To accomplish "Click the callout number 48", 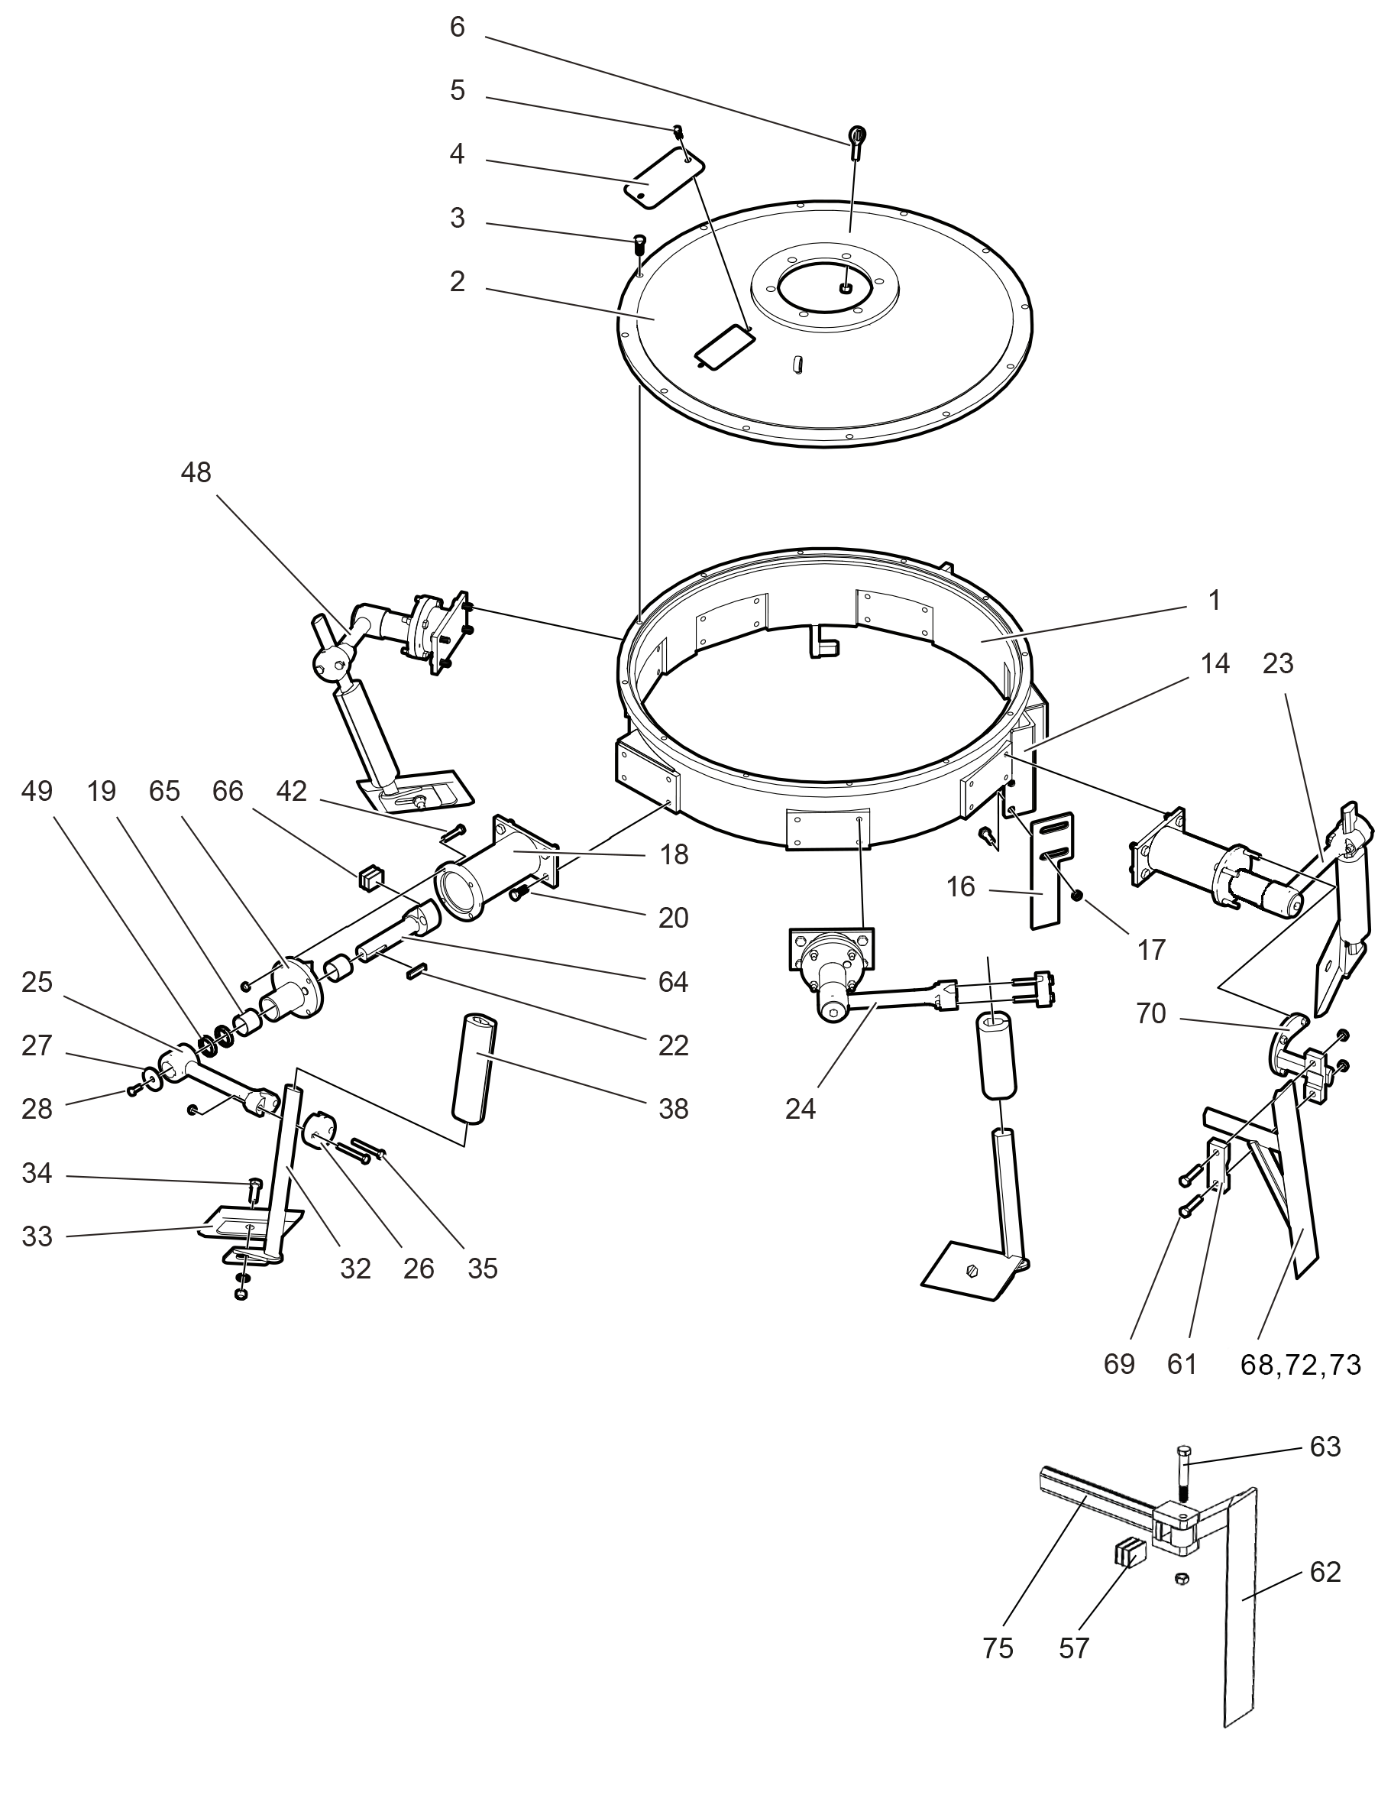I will (196, 472).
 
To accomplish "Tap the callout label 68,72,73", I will (1300, 1364).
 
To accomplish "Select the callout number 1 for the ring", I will (1215, 601).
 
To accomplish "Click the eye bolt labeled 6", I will (857, 140).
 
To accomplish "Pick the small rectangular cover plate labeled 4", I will (665, 179).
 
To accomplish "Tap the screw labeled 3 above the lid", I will (641, 244).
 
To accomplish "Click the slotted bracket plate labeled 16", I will (1047, 870).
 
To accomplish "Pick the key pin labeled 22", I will (415, 973).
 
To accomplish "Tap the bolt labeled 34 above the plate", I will (254, 1185).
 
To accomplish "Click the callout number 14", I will (1215, 664).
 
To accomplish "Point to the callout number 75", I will (998, 1648).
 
